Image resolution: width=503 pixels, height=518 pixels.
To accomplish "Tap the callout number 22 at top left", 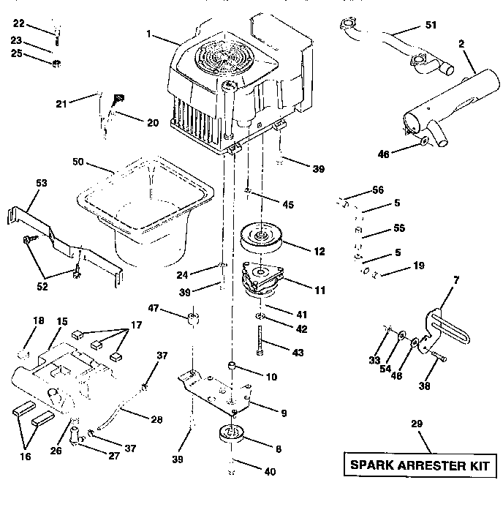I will [x=19, y=24].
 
